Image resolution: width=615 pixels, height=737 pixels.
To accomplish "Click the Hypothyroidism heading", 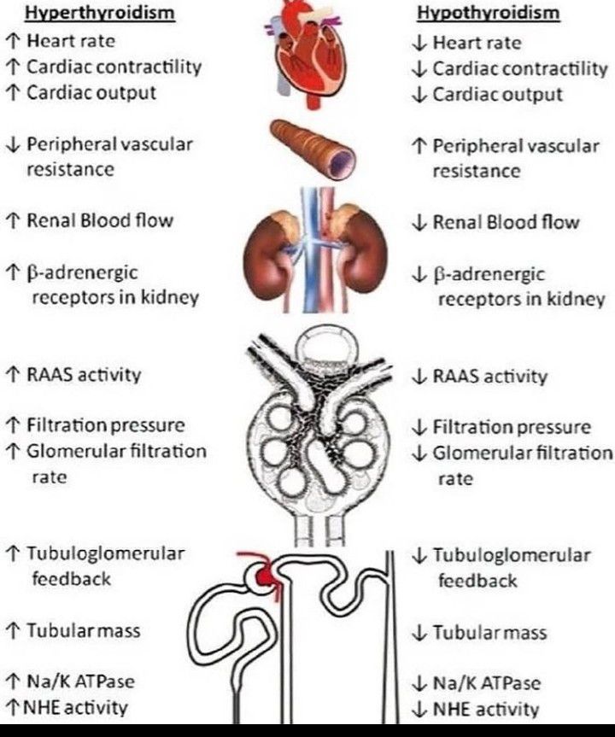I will (x=477, y=14).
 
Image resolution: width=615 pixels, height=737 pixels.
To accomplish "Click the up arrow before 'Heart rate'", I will (x=12, y=41).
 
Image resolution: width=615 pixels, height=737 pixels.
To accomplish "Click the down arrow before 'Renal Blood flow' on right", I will (x=419, y=223).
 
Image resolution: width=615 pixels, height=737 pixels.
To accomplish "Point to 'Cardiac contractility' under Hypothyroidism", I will (x=519, y=68).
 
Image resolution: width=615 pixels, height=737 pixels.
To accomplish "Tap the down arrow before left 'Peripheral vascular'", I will (x=12, y=144).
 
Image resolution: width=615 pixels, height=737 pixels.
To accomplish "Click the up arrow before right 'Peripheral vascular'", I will (x=419, y=146).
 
